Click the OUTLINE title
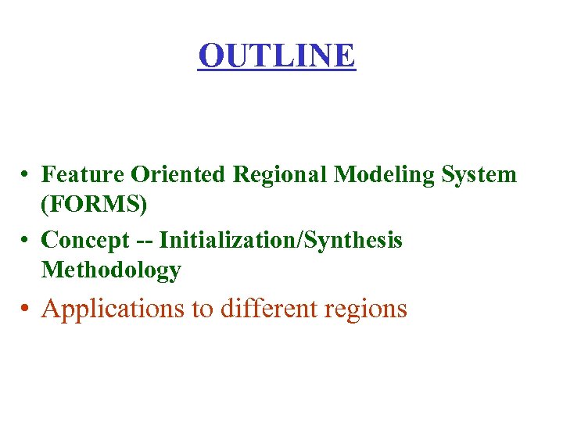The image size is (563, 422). [277, 55]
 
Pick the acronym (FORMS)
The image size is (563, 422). [94, 204]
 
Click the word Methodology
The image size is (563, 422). [111, 270]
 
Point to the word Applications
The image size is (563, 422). [113, 309]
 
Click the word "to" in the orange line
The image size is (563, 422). [203, 309]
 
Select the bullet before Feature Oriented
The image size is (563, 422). [27, 173]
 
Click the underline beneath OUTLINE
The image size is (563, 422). [277, 70]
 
